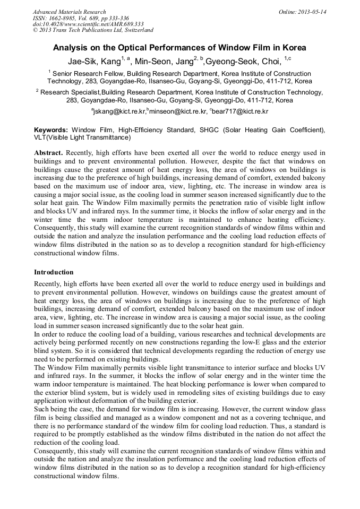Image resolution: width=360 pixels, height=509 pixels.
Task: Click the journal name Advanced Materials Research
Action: pyautogui.click(x=69, y=12)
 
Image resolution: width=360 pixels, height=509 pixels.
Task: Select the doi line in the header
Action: pyautogui.click(x=88, y=24)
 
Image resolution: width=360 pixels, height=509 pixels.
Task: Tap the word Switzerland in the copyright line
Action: pyautogui.click(x=135, y=30)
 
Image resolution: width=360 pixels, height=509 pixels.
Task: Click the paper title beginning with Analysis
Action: pyautogui.click(x=179, y=47)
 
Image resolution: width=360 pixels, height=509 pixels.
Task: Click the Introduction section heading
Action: pyautogui.click(x=54, y=272)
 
